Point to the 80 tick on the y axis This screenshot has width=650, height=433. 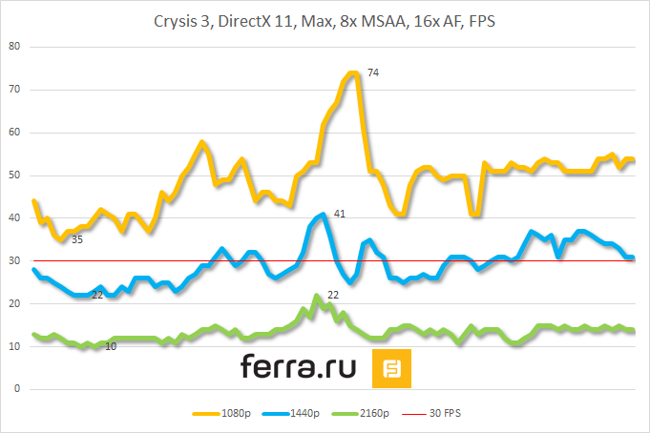coord(13,47)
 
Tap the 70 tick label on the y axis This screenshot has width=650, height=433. coord(13,90)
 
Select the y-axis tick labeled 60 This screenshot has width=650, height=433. coord(13,133)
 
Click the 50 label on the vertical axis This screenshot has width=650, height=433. coord(13,175)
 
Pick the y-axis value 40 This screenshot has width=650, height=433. coord(13,218)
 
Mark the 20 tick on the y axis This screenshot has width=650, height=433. coord(13,304)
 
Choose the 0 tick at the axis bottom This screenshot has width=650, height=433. coord(16,390)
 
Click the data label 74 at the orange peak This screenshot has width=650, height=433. coord(373,72)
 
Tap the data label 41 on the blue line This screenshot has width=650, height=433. coord(339,214)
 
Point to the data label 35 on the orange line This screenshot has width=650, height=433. coord(77,239)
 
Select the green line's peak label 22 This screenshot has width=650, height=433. coord(333,296)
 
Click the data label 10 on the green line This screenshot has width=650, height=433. coord(111,346)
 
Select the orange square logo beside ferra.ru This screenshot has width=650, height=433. coord(391,369)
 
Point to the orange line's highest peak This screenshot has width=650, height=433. coord(353,72)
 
